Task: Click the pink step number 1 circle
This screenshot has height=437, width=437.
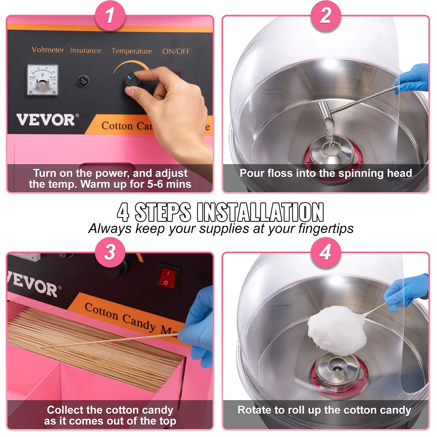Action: [110, 16]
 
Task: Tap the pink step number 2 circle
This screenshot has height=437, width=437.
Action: [326, 16]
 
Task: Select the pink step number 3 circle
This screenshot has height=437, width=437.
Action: [110, 252]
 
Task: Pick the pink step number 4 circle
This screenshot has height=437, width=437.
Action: [326, 252]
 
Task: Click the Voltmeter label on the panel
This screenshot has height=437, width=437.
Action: [48, 50]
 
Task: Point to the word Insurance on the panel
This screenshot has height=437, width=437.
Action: [85, 51]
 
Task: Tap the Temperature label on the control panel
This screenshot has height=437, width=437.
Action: [132, 51]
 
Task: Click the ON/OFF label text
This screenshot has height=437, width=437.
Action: [176, 52]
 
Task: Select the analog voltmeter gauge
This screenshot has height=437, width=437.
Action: [43, 80]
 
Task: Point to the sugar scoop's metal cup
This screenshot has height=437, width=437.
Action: [326, 111]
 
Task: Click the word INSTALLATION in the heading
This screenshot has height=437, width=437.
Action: [260, 212]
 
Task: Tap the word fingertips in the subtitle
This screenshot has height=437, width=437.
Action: [326, 229]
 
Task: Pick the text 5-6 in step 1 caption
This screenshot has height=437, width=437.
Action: [155, 184]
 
